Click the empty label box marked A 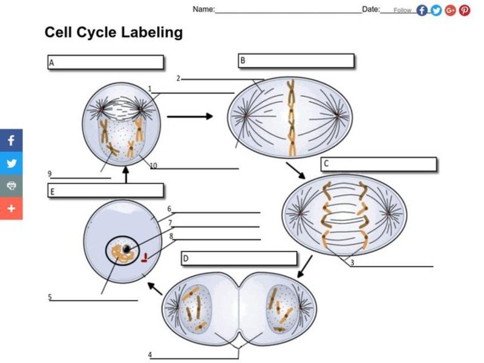tap(106, 62)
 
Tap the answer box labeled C tap(379, 164)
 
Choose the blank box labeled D tap(239, 259)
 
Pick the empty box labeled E tap(106, 191)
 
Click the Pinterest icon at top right tap(465, 10)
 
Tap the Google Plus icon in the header tap(451, 10)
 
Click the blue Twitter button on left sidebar tap(11, 163)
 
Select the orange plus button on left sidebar tap(11, 208)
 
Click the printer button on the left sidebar tap(11, 186)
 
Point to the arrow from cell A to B tap(190, 116)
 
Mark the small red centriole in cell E tap(145, 259)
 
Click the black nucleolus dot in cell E tap(126, 249)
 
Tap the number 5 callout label tap(50, 297)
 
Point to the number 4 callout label tap(149, 355)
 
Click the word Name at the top tap(203, 10)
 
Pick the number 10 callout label tap(154, 166)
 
